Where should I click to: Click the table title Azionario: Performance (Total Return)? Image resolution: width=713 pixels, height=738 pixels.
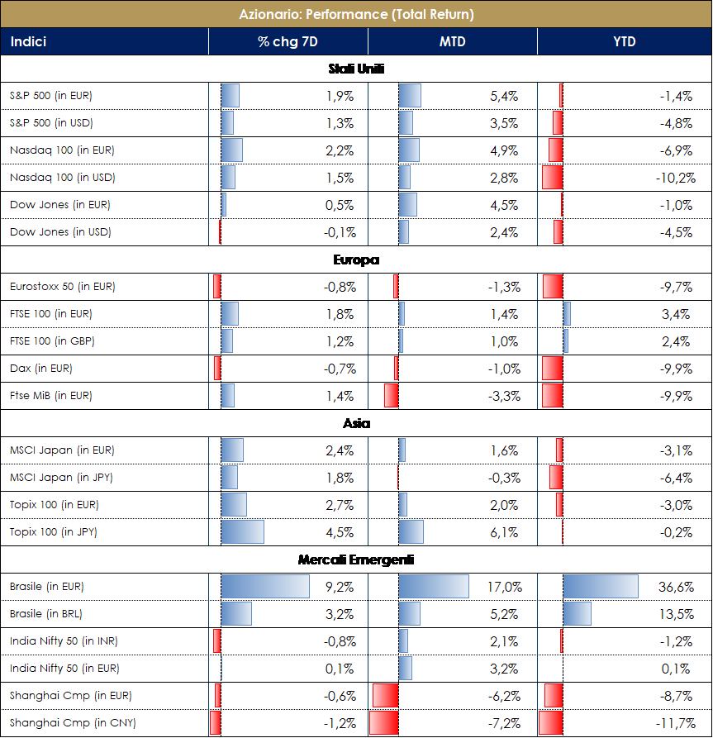click(356, 14)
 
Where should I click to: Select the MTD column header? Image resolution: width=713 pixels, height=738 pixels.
click(452, 41)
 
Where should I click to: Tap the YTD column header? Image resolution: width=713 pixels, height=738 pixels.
click(625, 41)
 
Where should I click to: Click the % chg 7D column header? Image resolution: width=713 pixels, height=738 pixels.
click(288, 41)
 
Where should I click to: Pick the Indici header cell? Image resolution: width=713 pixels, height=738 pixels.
click(29, 41)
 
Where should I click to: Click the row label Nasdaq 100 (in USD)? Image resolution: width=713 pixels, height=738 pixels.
click(62, 178)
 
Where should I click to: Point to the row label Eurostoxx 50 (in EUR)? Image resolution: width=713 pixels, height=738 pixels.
click(63, 287)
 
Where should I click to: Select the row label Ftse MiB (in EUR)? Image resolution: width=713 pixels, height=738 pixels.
click(51, 396)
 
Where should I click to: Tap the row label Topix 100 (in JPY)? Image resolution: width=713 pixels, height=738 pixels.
click(54, 532)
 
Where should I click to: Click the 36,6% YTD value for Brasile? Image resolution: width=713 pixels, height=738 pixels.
click(675, 588)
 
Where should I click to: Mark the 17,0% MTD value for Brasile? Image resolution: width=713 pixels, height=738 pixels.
click(505, 588)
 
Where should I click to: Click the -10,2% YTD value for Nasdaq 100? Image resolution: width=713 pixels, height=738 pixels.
click(675, 178)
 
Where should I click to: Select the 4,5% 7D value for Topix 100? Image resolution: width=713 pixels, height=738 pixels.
click(340, 532)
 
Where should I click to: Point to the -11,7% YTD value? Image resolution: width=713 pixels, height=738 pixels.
click(675, 724)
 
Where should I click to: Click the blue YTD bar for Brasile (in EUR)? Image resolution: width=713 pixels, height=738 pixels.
click(601, 587)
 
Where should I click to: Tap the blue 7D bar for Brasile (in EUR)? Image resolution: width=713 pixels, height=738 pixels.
click(264, 587)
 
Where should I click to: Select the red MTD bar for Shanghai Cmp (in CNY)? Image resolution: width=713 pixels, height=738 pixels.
click(384, 723)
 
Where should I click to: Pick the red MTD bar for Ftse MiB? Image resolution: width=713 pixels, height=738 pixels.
click(392, 396)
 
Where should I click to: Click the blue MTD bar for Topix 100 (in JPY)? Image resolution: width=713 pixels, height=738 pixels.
click(411, 532)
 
